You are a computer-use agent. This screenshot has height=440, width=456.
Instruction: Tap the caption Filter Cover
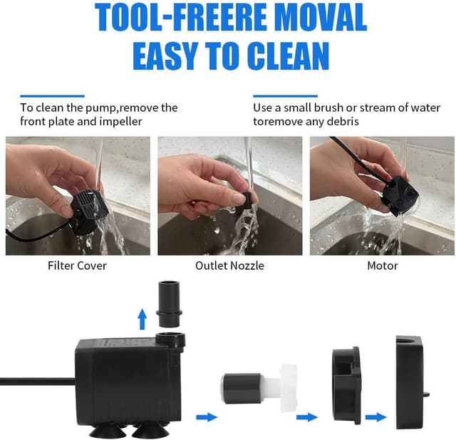click(x=77, y=266)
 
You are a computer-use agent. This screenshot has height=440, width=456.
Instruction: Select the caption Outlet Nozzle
click(x=229, y=266)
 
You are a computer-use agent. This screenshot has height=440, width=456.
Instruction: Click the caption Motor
click(x=382, y=266)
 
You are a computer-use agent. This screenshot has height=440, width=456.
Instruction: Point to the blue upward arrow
click(x=142, y=318)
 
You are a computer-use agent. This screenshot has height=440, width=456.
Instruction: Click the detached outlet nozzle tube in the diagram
click(x=170, y=303)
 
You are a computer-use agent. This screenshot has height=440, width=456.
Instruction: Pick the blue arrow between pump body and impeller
click(x=207, y=417)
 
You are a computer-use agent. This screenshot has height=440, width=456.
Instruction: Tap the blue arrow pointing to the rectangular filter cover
click(x=375, y=417)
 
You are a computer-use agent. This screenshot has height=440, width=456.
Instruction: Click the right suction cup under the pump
click(x=149, y=430)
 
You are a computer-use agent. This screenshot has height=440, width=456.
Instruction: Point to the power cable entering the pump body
click(x=36, y=382)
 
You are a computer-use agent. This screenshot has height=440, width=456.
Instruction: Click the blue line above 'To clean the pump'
click(x=52, y=95)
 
